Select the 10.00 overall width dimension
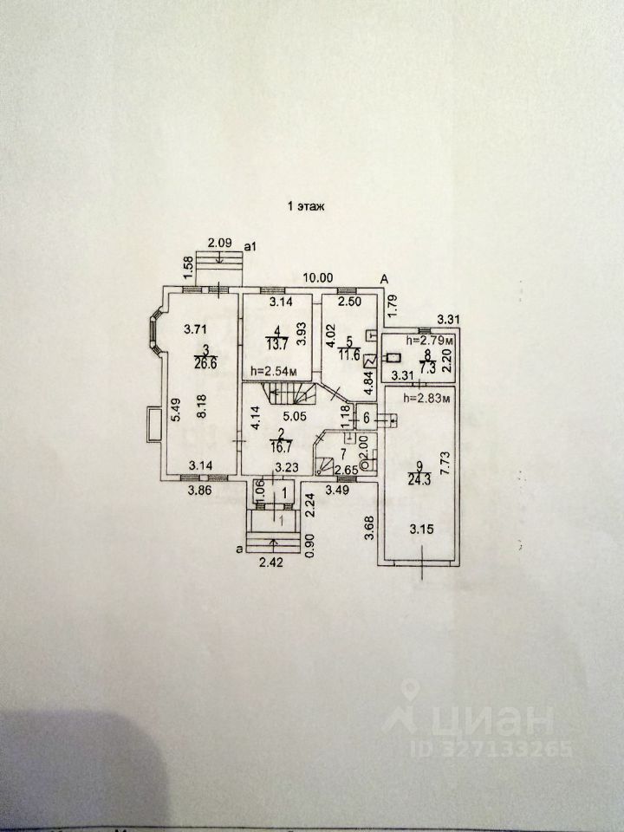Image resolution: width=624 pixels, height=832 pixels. click(x=318, y=278)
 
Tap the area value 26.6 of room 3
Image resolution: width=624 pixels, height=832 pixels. click(x=206, y=363)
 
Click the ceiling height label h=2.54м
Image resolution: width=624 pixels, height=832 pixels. click(x=274, y=373)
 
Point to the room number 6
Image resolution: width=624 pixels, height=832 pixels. click(x=366, y=419)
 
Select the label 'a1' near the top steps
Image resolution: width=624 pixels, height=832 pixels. click(x=251, y=246)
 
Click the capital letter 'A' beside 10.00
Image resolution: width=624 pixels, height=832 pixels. click(x=382, y=278)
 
